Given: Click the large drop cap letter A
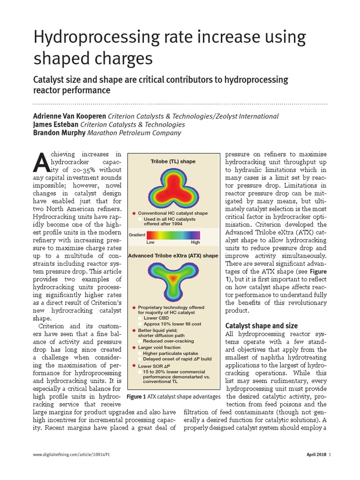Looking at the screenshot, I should click(x=41, y=164).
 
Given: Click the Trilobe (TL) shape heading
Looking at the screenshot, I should click(x=173, y=161).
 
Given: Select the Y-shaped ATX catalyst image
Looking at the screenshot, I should click(x=173, y=278).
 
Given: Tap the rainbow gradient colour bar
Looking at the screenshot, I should click(x=173, y=235).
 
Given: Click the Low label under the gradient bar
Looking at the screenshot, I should click(x=150, y=243).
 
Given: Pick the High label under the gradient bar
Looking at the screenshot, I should click(x=195, y=243).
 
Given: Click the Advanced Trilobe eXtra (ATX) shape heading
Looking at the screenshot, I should click(x=173, y=256).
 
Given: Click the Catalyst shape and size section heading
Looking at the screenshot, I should click(x=262, y=325).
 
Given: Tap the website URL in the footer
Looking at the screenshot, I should click(x=72, y=455).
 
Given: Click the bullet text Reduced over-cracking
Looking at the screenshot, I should click(x=169, y=341).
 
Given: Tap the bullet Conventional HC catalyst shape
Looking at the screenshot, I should click(x=172, y=213).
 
